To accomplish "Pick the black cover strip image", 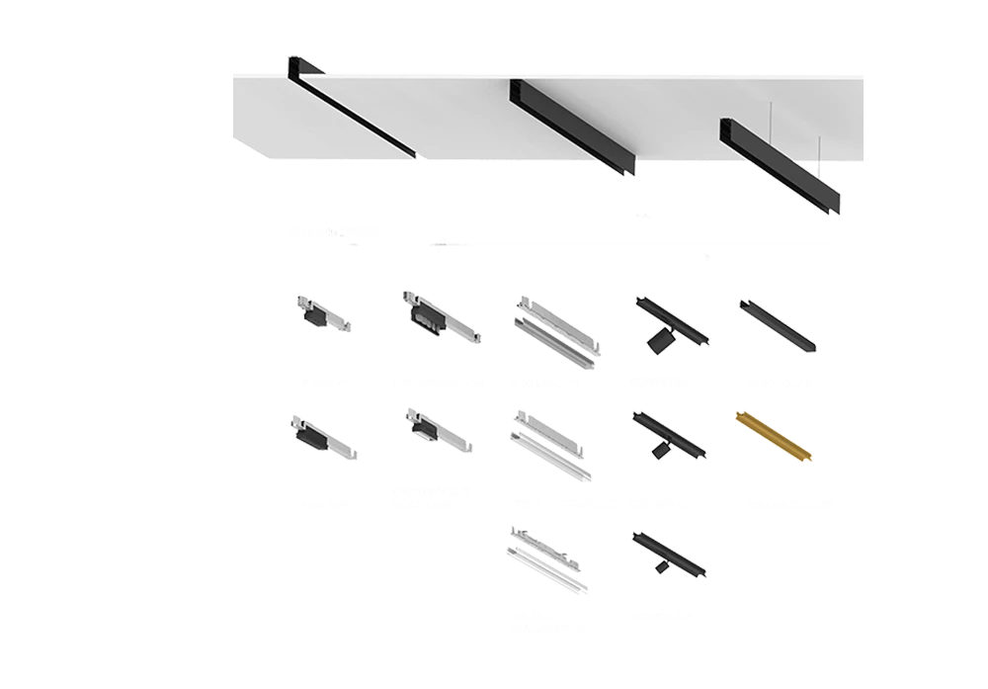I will tap(778, 326).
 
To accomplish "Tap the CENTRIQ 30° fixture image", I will tap(668, 554).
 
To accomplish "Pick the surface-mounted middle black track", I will tap(573, 129).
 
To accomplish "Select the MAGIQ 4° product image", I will tap(322, 315).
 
